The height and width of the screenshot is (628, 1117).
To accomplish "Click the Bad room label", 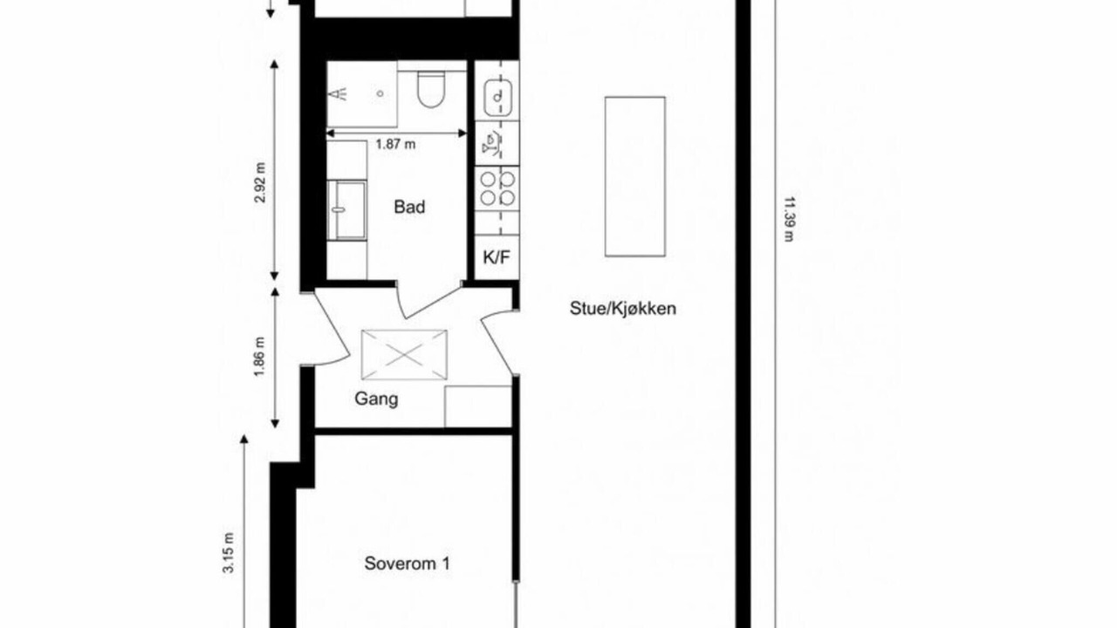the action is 409,207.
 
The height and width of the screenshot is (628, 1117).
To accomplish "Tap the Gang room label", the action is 376,399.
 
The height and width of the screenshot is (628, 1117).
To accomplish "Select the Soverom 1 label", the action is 407,563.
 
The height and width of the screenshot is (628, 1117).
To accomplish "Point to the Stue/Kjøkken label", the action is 623,309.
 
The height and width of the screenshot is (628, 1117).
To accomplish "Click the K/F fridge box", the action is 497,257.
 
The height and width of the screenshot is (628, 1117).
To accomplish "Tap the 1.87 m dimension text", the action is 395,145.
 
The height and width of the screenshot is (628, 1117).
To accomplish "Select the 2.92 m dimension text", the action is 260,182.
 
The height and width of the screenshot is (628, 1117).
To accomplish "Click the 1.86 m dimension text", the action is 260,358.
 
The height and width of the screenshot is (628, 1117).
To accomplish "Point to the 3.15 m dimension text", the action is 229,553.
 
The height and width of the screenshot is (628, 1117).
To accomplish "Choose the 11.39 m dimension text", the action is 788,219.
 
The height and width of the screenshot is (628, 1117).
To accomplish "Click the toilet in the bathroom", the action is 431,89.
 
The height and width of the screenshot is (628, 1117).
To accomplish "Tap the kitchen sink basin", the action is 497,98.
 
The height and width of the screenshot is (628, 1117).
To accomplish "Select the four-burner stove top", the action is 497,188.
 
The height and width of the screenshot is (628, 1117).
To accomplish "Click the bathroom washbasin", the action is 346,210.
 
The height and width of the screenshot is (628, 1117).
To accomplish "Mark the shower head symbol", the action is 340,93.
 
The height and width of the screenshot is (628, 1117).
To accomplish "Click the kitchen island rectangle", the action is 635,176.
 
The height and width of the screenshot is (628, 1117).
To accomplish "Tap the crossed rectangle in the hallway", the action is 404,355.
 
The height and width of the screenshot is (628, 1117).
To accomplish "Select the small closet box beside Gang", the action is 478,406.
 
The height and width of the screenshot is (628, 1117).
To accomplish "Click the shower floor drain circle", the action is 380,93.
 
